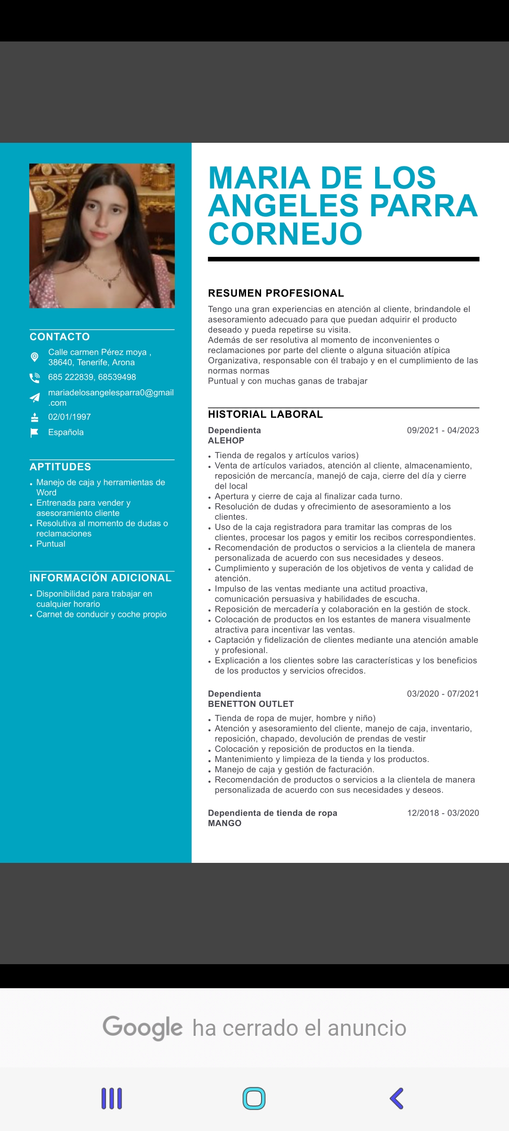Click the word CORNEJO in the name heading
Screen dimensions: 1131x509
click(x=285, y=234)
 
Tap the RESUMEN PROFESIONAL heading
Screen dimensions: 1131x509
click(x=276, y=293)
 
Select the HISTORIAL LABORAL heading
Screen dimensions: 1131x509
click(x=265, y=414)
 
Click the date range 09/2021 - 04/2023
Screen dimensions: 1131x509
click(x=443, y=430)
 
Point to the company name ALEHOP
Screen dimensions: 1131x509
click(x=226, y=441)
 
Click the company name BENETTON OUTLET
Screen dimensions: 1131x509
click(x=251, y=704)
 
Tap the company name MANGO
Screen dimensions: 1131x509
click(x=224, y=823)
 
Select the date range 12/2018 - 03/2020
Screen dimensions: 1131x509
click(x=443, y=813)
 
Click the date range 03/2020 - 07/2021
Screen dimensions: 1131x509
click(x=443, y=694)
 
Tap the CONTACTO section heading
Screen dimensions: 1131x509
click(x=60, y=336)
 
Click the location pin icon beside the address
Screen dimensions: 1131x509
click(x=34, y=357)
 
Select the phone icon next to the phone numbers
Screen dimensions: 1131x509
click(x=34, y=377)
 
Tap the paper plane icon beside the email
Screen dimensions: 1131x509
click(x=34, y=398)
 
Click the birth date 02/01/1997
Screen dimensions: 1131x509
click(x=69, y=417)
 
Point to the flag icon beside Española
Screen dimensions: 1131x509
click(x=34, y=433)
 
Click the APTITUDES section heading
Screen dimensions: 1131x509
click(x=60, y=467)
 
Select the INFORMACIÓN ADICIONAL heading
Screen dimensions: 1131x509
click(x=100, y=578)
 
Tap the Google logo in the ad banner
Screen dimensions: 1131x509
click(x=142, y=1028)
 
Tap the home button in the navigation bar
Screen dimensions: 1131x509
click(x=254, y=1098)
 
